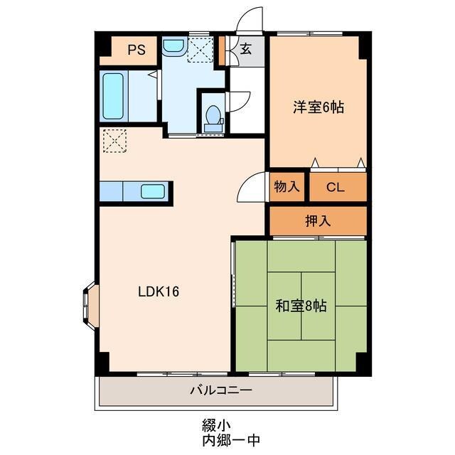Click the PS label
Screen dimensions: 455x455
[136, 50]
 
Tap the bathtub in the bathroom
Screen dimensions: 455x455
[113, 96]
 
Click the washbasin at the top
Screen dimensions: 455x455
[173, 47]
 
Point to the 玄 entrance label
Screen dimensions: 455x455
[245, 49]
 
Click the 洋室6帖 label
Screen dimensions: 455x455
[318, 107]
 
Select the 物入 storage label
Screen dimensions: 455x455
[286, 188]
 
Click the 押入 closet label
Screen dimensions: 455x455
[318, 221]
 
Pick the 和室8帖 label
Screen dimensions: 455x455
[301, 306]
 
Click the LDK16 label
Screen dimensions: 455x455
[158, 291]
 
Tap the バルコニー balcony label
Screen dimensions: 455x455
[221, 390]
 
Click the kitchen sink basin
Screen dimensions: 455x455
[154, 191]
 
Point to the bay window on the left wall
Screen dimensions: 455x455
[90, 305]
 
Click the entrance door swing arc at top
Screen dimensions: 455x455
[250, 20]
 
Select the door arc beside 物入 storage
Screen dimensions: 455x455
[252, 188]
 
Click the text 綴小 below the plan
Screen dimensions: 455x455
[212, 425]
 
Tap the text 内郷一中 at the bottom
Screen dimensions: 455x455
[230, 439]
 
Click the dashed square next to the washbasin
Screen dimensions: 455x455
[200, 50]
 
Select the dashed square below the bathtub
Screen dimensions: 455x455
[113, 140]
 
